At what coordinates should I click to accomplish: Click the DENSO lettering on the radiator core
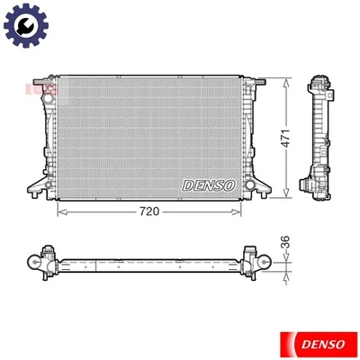(209, 184)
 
